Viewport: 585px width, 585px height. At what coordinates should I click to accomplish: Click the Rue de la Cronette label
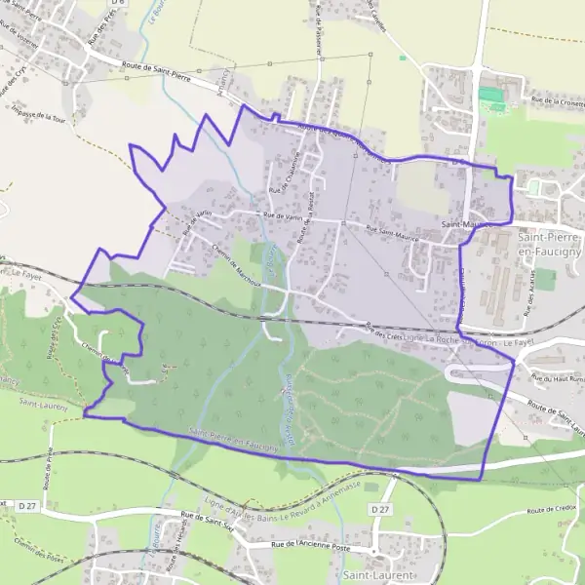(x=557, y=100)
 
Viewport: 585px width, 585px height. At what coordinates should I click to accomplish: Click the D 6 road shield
(x=119, y=4)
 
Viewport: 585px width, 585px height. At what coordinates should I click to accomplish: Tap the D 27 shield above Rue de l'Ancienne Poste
(x=380, y=509)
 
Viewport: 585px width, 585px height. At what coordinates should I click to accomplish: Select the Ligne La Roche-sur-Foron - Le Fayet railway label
(x=458, y=340)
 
